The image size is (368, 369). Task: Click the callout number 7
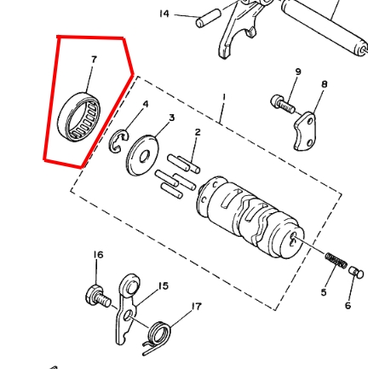[93, 58]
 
